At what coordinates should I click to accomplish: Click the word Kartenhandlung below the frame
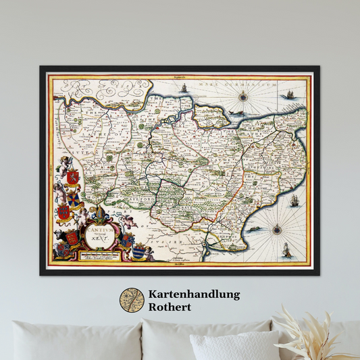[195, 294]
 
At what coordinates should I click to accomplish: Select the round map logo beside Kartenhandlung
[132, 301]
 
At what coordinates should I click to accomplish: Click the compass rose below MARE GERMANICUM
[242, 97]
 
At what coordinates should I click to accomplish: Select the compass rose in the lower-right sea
[277, 230]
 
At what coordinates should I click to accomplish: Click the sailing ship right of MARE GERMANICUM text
[289, 94]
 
